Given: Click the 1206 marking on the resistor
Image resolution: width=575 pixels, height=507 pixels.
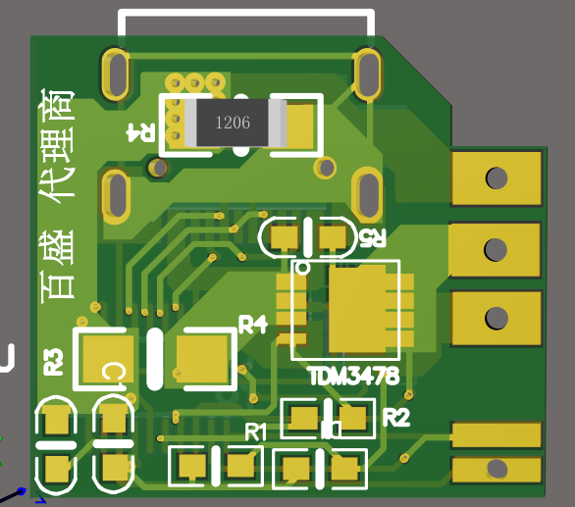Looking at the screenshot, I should (233, 123).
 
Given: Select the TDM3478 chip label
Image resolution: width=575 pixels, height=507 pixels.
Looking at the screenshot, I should (353, 376).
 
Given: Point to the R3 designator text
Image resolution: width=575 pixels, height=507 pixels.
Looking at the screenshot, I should (54, 362).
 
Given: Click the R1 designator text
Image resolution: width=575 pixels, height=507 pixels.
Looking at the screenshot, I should (255, 431).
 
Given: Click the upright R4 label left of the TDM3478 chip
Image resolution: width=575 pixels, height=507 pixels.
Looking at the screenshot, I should (253, 325).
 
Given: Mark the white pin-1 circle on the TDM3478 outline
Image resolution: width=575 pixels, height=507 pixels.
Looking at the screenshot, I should (303, 267).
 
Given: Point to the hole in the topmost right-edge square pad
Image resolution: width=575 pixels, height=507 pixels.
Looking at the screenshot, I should (497, 178).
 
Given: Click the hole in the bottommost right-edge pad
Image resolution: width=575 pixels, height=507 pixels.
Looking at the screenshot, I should (497, 469).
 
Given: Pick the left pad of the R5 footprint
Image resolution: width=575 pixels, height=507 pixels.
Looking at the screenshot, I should (285, 236).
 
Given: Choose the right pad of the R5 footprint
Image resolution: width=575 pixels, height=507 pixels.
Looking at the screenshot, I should (334, 236).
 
